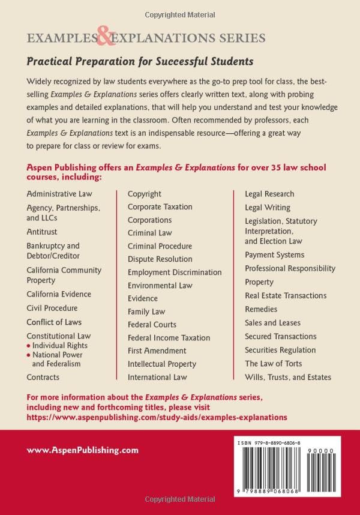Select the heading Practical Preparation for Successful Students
[140, 61]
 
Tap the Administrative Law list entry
[60, 194]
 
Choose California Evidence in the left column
[59, 294]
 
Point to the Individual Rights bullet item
[59, 346]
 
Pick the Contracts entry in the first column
[43, 378]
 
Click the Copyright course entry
[145, 194]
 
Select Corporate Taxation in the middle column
[160, 207]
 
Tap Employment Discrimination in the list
[175, 273]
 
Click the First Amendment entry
[157, 351]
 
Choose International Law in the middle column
[157, 378]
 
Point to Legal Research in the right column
[269, 194]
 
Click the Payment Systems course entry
[275, 255]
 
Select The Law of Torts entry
[274, 364]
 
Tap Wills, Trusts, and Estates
[288, 378]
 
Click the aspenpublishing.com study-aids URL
[157, 417]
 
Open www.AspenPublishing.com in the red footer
[83, 450]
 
